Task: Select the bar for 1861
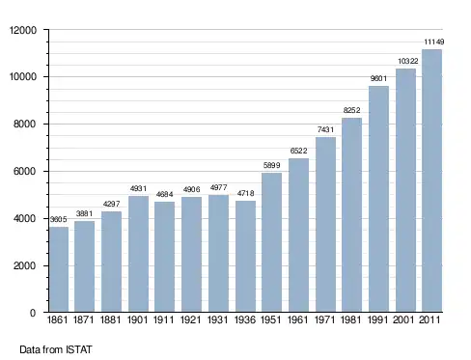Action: point(59,269)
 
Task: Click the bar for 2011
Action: point(431,180)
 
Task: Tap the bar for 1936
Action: point(245,256)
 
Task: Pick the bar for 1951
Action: point(272,242)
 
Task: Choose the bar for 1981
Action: point(352,214)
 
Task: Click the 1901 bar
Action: point(138,254)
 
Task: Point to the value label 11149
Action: point(434,42)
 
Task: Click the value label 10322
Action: point(408,61)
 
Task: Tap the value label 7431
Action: point(325,129)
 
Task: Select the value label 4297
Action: point(111,204)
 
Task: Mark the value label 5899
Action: point(272,165)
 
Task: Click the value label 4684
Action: point(164,194)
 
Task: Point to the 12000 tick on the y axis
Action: point(23,30)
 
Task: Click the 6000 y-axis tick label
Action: point(25,171)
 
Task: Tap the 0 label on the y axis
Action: point(33,313)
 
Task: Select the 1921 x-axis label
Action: point(191,319)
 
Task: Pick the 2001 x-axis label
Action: point(403,319)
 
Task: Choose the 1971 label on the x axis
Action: point(324,319)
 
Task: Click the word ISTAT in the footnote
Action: point(79,349)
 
